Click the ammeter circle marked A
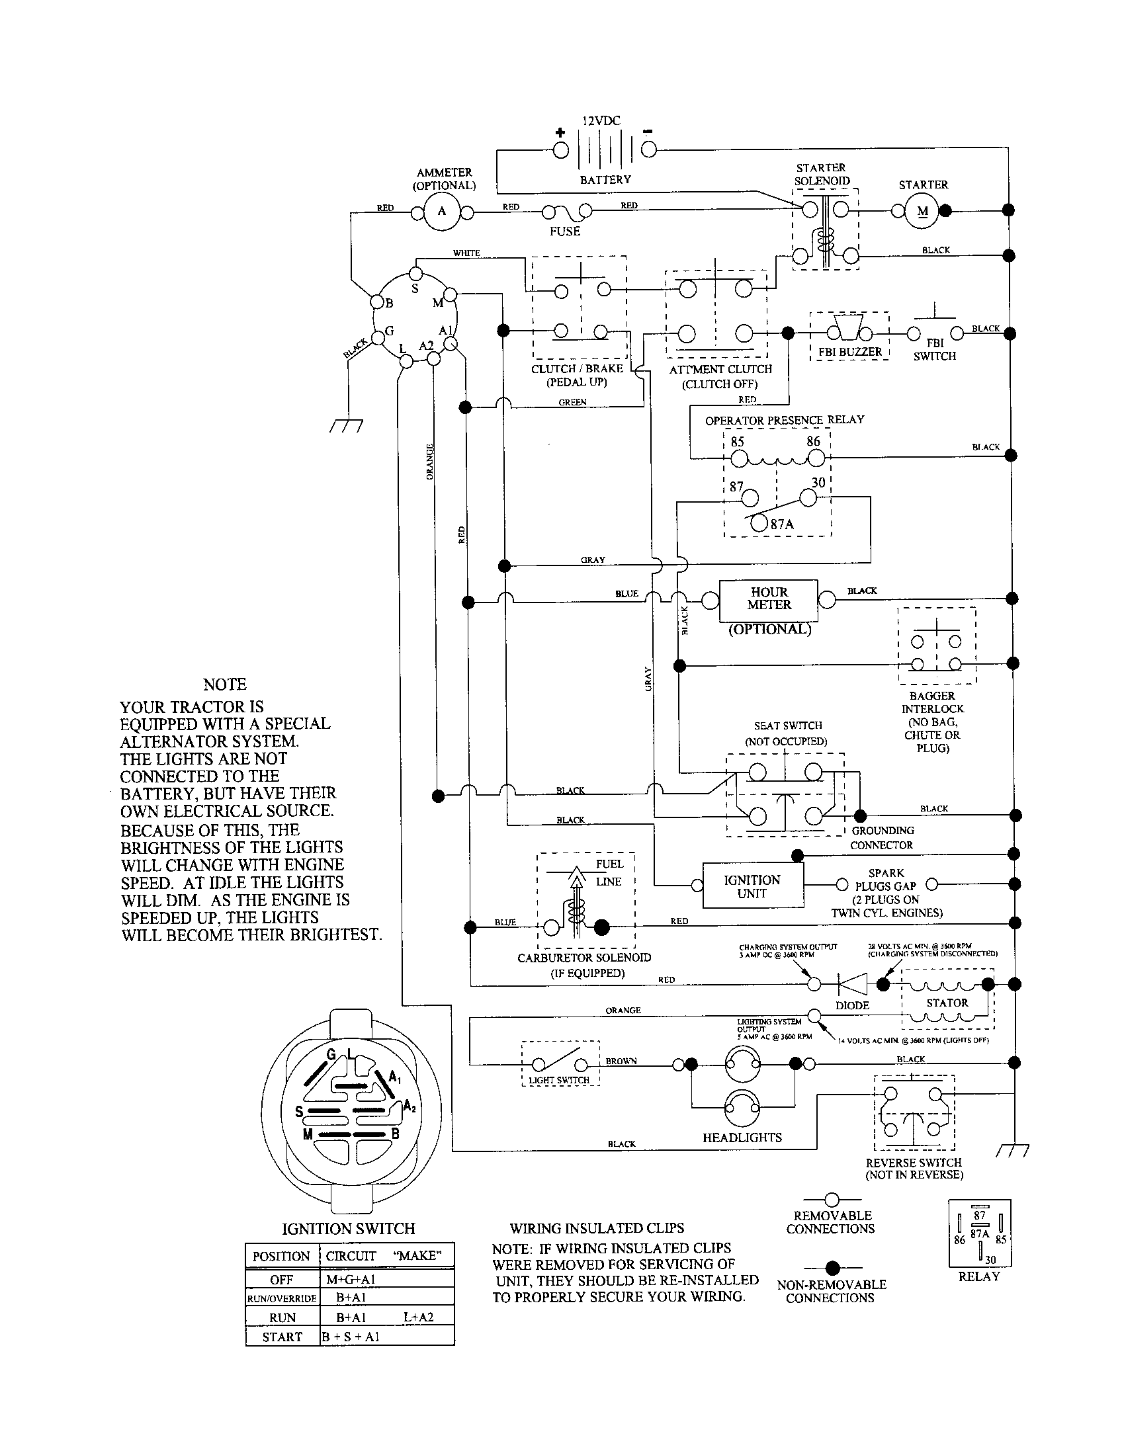click(441, 212)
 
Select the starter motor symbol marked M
click(922, 211)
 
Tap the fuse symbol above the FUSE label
click(566, 212)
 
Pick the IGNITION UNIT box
click(752, 886)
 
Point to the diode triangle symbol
click(852, 984)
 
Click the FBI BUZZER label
click(850, 352)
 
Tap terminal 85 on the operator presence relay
click(739, 458)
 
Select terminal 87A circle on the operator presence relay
click(759, 523)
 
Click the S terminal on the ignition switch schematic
click(415, 274)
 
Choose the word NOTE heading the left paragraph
click(224, 685)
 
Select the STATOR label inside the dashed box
click(947, 1003)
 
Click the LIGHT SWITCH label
click(559, 1079)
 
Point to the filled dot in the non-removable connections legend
click(831, 1267)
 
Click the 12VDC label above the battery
click(601, 120)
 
